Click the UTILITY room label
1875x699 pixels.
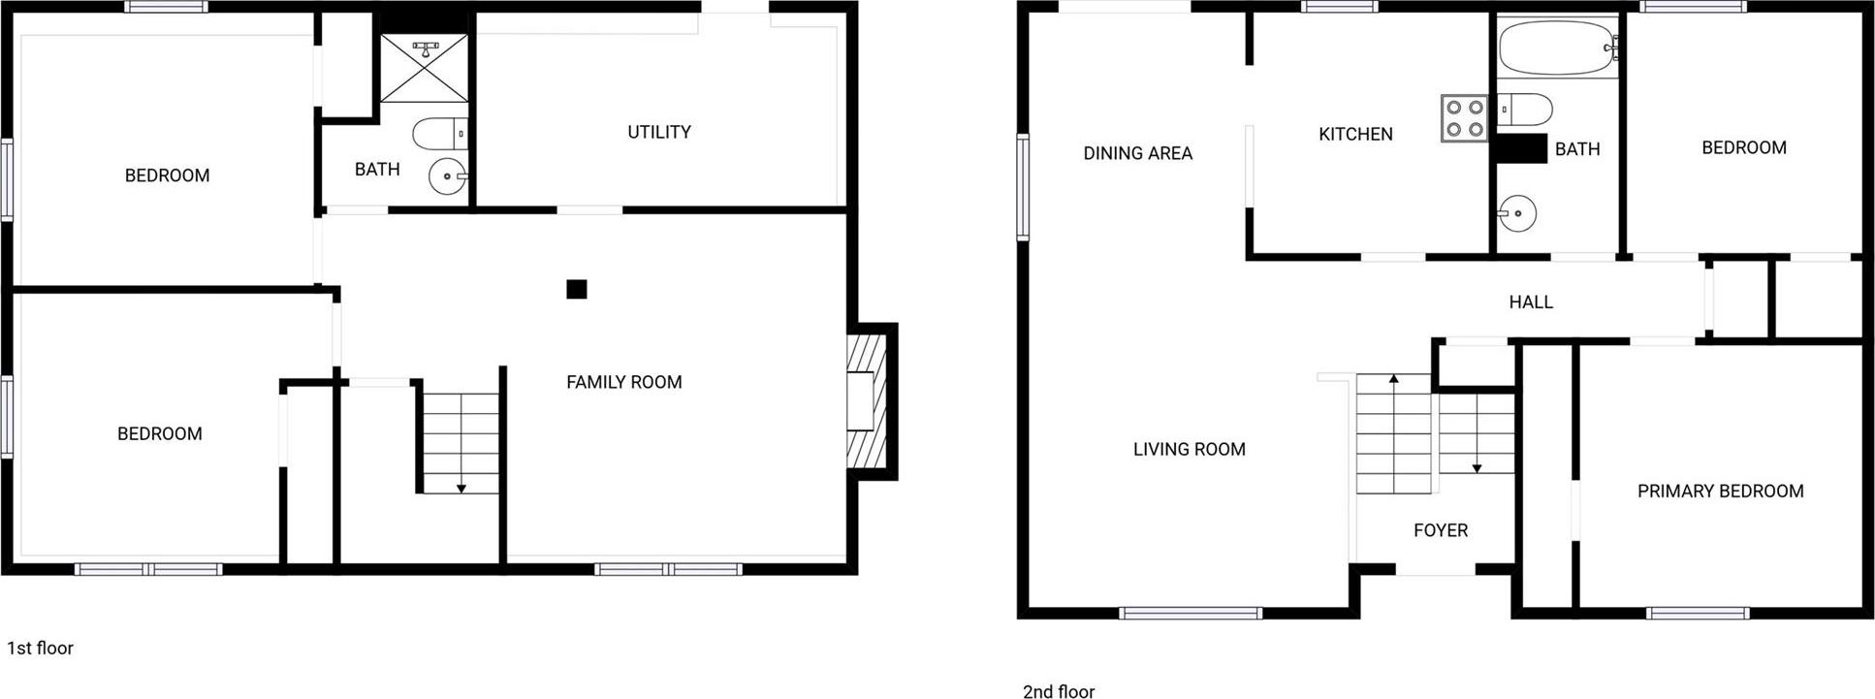pyautogui.click(x=659, y=132)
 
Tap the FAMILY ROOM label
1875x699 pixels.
pyautogui.click(x=624, y=382)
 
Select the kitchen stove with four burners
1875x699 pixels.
pyautogui.click(x=1464, y=118)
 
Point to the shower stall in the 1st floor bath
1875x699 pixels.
pyautogui.click(x=424, y=67)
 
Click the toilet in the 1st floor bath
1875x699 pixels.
pyautogui.click(x=440, y=134)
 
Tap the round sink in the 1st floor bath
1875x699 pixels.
pyautogui.click(x=448, y=177)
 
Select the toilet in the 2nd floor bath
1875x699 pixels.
pyautogui.click(x=1525, y=110)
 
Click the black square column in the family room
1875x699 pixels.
pyautogui.click(x=577, y=289)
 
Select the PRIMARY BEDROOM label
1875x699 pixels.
pyautogui.click(x=1721, y=492)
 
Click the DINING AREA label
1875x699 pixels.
pyautogui.click(x=1138, y=153)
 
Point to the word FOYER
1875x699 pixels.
pyautogui.click(x=1441, y=530)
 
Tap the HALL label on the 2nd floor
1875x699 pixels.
pyautogui.click(x=1531, y=302)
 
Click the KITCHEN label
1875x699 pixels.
pyautogui.click(x=1355, y=134)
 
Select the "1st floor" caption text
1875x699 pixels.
pyautogui.click(x=41, y=648)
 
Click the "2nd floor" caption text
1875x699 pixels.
pyautogui.click(x=1059, y=691)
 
